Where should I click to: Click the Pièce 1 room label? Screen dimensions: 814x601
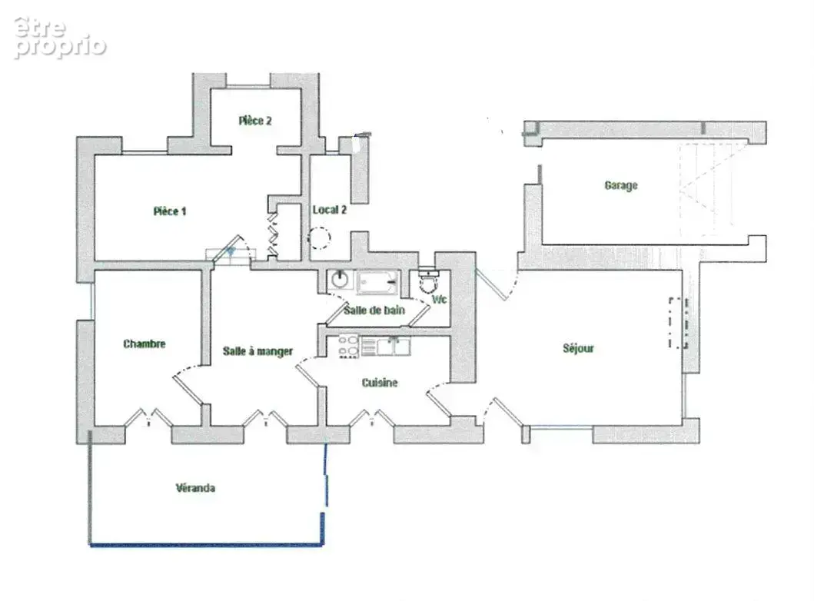click(170, 211)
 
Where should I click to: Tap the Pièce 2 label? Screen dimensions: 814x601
click(255, 121)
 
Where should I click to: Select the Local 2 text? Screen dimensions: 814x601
click(329, 210)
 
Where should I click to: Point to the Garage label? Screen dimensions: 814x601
click(621, 185)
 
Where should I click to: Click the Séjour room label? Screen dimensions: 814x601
click(578, 348)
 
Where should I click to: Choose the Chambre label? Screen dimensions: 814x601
click(145, 344)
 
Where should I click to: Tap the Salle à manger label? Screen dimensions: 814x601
click(258, 351)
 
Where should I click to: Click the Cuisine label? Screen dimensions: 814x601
click(380, 383)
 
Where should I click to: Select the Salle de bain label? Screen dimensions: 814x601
click(374, 310)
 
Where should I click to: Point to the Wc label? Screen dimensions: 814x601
click(439, 300)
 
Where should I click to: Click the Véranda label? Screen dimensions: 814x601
click(195, 488)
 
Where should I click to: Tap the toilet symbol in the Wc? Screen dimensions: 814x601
click(429, 281)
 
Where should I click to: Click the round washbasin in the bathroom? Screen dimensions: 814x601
click(340, 279)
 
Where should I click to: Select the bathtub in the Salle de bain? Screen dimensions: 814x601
click(377, 282)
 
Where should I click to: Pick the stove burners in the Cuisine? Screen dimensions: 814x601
click(348, 346)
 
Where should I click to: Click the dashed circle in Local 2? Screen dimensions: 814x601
click(319, 238)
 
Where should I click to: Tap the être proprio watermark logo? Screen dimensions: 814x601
click(60, 38)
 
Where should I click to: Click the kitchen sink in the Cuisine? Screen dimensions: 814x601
click(394, 346)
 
